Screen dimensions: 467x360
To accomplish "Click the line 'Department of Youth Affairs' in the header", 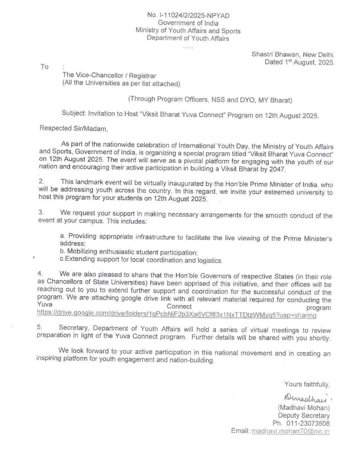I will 188,38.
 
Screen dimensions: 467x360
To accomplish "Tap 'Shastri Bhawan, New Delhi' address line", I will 293,54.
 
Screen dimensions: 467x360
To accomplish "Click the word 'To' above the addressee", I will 44,67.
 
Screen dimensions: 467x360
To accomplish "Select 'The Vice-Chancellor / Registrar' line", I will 109,76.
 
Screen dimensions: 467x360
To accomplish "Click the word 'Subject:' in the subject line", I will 74,113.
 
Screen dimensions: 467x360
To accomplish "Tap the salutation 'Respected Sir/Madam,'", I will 74,128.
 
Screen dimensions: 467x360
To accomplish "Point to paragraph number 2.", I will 41,181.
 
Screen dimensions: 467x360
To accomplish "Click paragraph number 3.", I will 41,212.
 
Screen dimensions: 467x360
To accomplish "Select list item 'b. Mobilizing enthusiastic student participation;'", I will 129,252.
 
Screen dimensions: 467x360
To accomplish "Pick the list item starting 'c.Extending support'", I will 141,260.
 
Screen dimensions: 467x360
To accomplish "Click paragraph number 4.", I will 40,273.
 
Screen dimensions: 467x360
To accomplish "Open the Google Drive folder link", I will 176,314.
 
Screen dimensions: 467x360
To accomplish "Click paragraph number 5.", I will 39,327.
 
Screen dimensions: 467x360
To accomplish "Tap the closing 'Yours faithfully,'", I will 307,384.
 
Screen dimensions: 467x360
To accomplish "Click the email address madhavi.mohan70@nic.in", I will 290,431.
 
